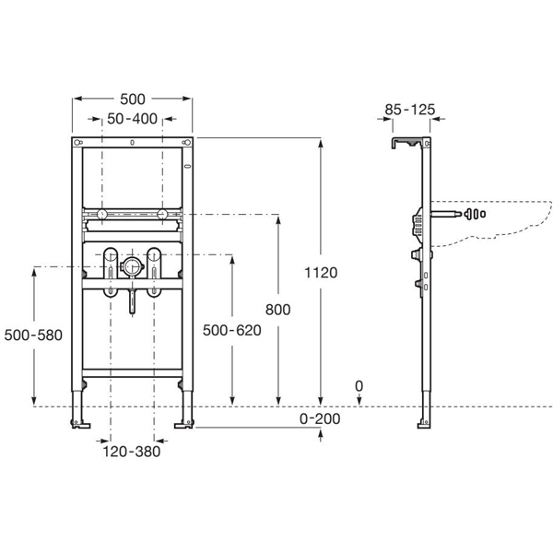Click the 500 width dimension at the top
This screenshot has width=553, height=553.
(x=132, y=99)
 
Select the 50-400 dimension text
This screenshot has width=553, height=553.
(x=131, y=119)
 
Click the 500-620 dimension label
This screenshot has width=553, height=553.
(x=231, y=330)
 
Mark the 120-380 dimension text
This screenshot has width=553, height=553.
(x=133, y=451)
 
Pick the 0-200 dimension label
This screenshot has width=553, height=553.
(x=321, y=419)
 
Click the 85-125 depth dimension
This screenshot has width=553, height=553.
(x=410, y=109)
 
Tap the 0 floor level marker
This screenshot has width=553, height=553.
(x=359, y=386)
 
